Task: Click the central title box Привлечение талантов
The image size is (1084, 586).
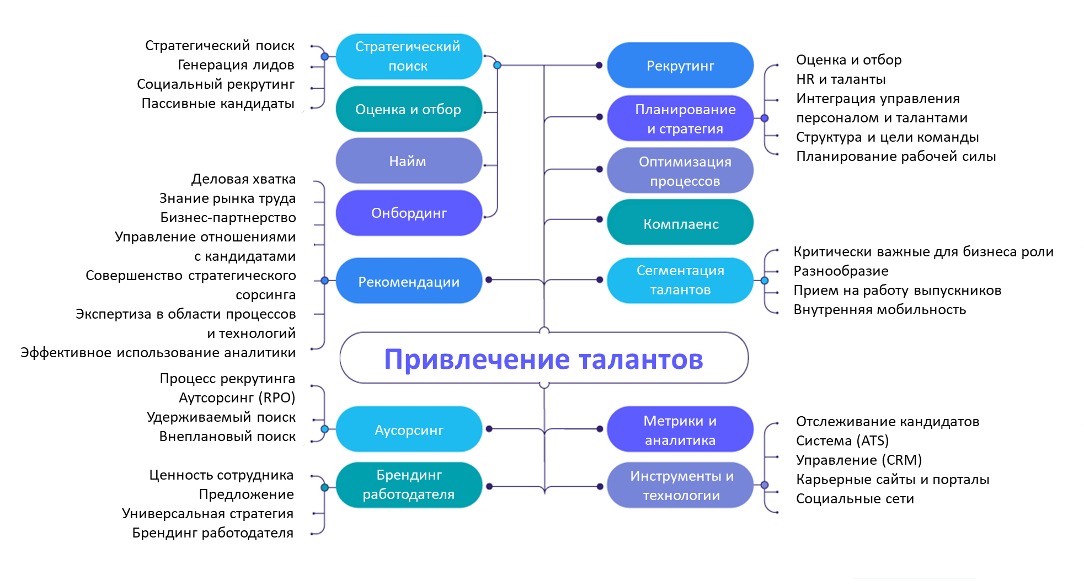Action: pos(543,358)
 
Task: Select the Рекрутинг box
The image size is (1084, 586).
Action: pos(680,66)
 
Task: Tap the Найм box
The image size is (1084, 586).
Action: pos(408,161)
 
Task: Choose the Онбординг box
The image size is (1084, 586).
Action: pos(408,213)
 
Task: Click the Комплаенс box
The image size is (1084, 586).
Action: pos(680,223)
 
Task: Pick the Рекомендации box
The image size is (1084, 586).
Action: pos(408,281)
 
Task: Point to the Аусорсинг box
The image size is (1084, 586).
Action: pos(408,429)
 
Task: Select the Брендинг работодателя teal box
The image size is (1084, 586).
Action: pos(408,485)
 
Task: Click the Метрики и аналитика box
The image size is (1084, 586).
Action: pos(680,430)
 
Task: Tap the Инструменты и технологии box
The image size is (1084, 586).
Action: pos(680,485)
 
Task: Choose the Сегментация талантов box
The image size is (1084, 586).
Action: pos(680,280)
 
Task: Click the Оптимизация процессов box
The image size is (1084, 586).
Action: pos(680,171)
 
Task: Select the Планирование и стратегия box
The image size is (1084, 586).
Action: pos(680,119)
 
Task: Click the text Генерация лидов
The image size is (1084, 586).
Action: pos(236,65)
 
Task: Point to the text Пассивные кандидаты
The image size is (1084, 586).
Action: pos(218,104)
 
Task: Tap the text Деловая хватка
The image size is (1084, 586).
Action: pos(243,179)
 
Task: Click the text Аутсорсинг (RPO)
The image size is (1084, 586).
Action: pos(237,398)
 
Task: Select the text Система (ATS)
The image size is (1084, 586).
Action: pos(842,441)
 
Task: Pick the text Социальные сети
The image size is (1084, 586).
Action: pos(855,499)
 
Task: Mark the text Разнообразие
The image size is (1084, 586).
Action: pos(841,271)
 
